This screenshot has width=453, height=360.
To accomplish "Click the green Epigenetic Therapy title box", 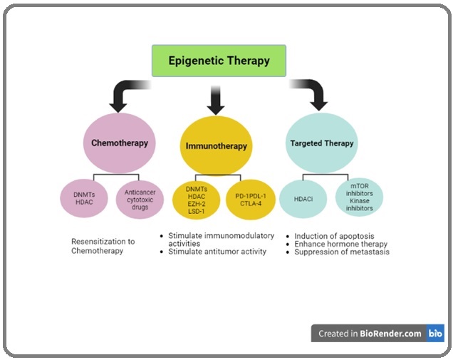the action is pos(219,61).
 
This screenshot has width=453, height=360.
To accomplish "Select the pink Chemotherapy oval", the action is pos(120,143).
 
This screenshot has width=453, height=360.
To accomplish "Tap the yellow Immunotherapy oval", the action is pos(216,145).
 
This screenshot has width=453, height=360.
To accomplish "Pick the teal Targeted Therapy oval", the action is pos(322,143).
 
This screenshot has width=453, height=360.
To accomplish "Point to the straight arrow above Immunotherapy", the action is pos(216,100).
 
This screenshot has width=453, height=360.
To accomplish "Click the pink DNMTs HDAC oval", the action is pos(84,198).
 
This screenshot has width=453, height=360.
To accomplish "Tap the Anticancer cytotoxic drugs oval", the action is pos(140,200).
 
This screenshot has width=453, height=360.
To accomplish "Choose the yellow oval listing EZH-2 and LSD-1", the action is pos(197,200).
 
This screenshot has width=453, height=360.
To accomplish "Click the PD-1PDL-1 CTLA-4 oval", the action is pos(251,200).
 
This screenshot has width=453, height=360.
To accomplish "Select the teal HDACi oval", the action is pos(303,199).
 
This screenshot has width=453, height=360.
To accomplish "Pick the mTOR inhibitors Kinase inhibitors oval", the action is pos(360,197).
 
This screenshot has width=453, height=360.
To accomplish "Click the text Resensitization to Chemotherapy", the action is pos(103,246).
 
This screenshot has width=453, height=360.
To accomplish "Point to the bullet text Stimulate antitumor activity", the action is pos(217,252).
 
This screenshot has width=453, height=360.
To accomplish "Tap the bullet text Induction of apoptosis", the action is pos(334,236).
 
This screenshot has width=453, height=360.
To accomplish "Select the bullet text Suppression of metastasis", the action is pos(342,252).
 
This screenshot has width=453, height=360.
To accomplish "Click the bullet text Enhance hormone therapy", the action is pos(341,244).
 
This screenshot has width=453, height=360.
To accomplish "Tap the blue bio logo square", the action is pos(435,333).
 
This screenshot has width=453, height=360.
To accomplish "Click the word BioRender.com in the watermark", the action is pos(390,334).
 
